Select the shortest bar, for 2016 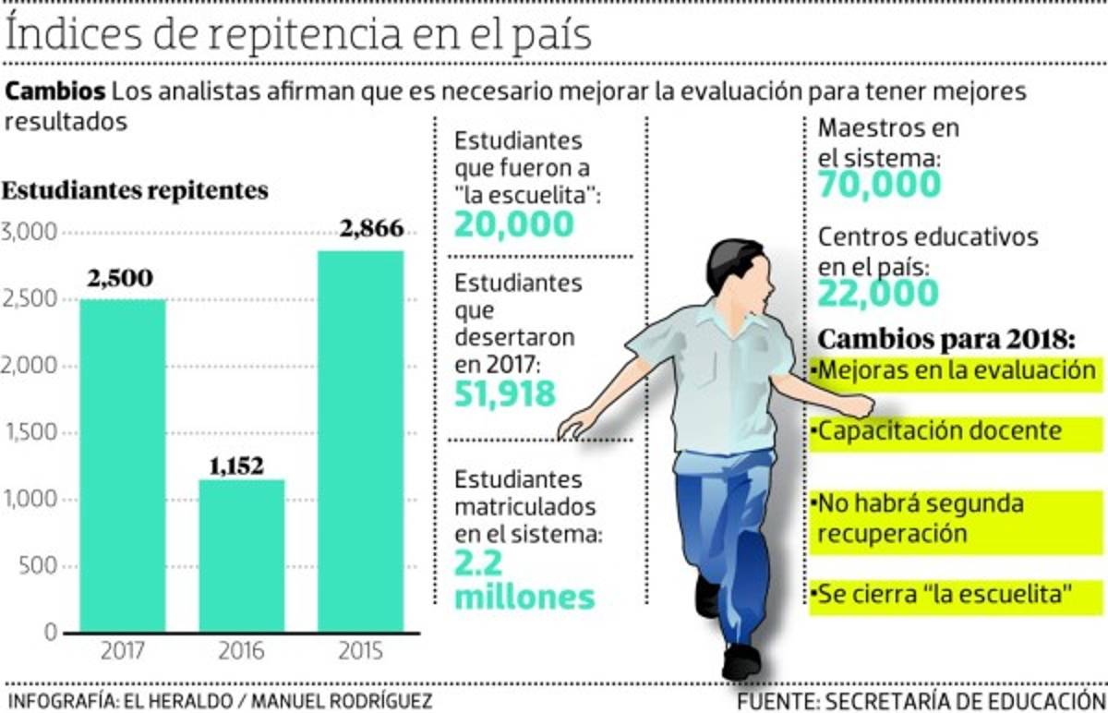pyautogui.click(x=241, y=555)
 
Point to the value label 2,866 pyautogui.click(x=371, y=228)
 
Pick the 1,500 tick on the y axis pyautogui.click(x=30, y=433)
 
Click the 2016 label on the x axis pyautogui.click(x=241, y=652)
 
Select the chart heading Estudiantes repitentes pyautogui.click(x=136, y=191)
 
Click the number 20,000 pyautogui.click(x=513, y=224)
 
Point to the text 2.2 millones pyautogui.click(x=524, y=580)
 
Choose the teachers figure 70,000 pyautogui.click(x=879, y=186)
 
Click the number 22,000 pyautogui.click(x=878, y=294)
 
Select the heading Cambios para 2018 pyautogui.click(x=949, y=337)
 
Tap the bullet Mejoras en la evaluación pyautogui.click(x=954, y=371)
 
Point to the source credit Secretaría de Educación pyautogui.click(x=921, y=699)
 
